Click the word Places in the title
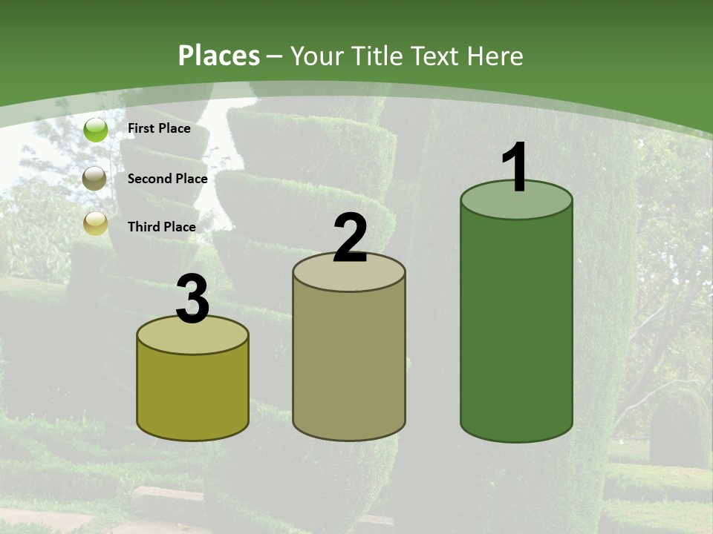click(219, 56)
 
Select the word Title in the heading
click(376, 56)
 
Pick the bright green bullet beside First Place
click(96, 130)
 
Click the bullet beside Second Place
click(95, 179)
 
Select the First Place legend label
click(159, 128)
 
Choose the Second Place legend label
click(167, 179)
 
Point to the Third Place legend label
click(161, 227)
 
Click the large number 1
click(515, 168)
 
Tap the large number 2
click(350, 238)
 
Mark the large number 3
click(192, 300)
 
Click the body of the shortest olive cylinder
click(192, 393)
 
